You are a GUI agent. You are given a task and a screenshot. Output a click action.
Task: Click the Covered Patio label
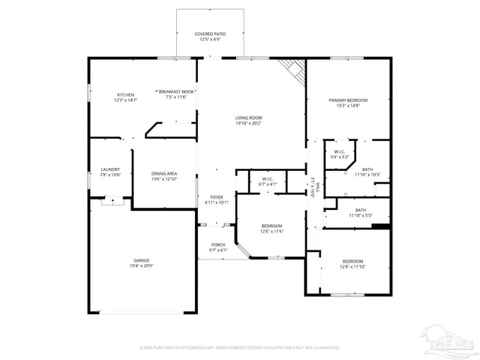(x=210, y=34)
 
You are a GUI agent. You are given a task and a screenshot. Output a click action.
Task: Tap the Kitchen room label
(x=125, y=94)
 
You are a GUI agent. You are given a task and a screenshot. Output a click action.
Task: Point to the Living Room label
(x=248, y=118)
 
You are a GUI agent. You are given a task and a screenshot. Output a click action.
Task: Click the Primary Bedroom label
(x=348, y=100)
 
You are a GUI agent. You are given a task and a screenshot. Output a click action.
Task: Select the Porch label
(x=217, y=245)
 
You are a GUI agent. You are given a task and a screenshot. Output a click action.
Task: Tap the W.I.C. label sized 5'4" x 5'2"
(x=340, y=152)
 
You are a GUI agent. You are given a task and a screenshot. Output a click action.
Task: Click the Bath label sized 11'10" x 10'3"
(x=367, y=169)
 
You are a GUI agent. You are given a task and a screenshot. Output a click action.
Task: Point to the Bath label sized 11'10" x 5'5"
(x=360, y=210)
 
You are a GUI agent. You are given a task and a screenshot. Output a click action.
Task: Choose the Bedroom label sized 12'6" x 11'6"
(x=271, y=226)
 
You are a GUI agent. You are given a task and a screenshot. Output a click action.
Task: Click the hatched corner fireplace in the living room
(x=293, y=70)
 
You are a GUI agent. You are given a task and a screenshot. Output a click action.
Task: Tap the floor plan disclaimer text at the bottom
(x=239, y=348)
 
